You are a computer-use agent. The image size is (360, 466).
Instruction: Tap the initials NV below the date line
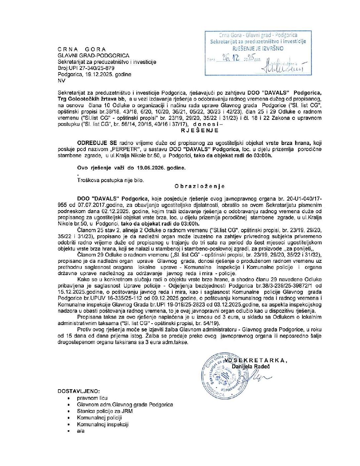(x=61, y=81)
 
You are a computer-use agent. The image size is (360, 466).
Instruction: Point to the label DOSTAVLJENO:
(x=79, y=391)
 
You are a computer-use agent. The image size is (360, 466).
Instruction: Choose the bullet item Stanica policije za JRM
(x=105, y=411)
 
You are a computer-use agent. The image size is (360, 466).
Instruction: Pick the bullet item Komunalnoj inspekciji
(x=103, y=424)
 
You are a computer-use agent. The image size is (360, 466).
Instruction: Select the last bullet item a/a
(x=81, y=431)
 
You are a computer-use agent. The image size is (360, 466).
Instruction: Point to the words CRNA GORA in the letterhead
(x=82, y=49)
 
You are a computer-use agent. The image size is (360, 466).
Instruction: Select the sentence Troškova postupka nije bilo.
(x=111, y=180)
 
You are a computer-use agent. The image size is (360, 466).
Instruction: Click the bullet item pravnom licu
(x=92, y=398)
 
